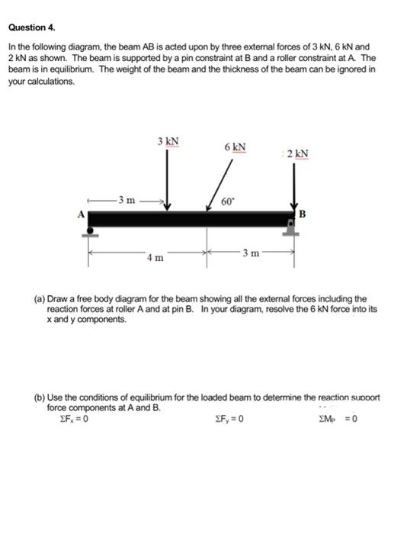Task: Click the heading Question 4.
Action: pos(31,27)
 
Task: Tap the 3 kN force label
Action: pos(168,141)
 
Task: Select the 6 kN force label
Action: pos(235,146)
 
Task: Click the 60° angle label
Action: pos(227,201)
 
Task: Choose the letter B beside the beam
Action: pos(302,214)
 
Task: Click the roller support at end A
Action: pos(91,232)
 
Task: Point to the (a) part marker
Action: pos(38,299)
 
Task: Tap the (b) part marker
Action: pos(38,397)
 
